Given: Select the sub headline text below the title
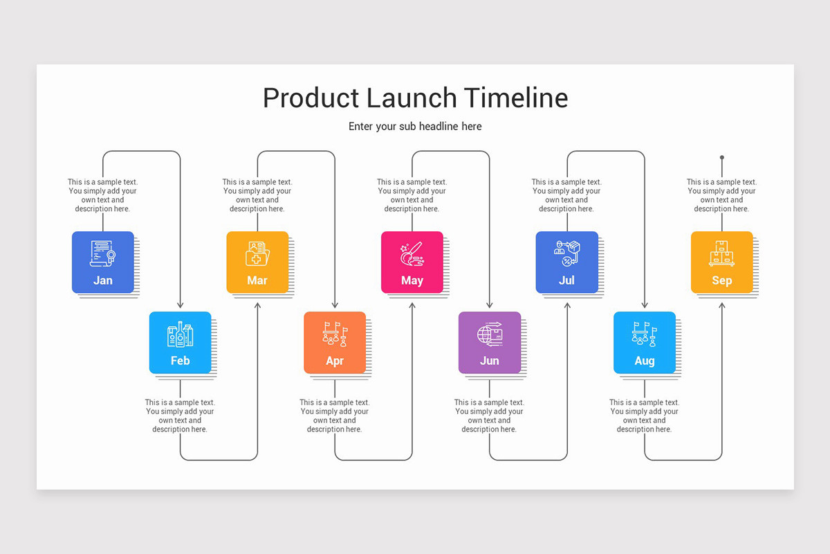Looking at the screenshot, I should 415,126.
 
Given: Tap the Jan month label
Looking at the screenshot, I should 103,280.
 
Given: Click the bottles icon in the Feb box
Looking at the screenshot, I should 180,334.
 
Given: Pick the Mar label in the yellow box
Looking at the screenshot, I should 257,280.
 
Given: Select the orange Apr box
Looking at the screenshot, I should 335,343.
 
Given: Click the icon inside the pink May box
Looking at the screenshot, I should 412,254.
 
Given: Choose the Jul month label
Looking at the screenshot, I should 566,280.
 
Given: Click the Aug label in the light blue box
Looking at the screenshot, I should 644,361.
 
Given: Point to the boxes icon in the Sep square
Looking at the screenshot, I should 721,253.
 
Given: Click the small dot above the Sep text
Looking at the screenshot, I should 721,157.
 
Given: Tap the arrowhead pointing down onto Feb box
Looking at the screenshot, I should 181,305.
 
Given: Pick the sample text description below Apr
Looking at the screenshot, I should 335,415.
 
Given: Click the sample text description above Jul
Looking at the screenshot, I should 566,195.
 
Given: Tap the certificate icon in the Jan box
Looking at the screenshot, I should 102,253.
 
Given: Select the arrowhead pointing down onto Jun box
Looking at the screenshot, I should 490,305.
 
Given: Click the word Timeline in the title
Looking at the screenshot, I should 516,98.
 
